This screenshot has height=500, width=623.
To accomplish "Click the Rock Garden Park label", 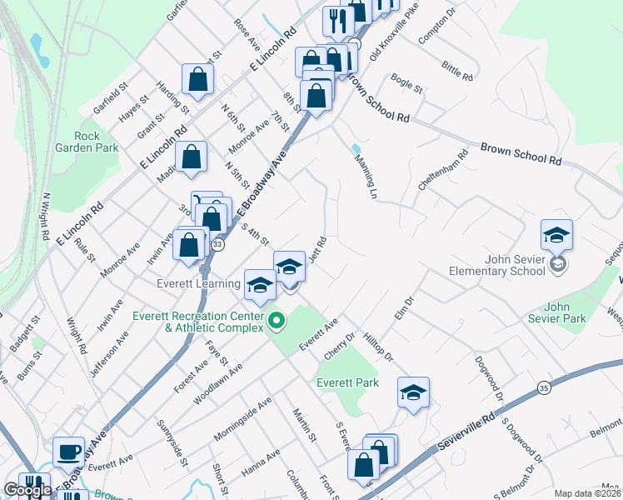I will pos(87,142).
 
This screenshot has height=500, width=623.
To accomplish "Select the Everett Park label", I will pos(347,382).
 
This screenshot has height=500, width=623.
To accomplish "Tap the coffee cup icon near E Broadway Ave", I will pos(68,452).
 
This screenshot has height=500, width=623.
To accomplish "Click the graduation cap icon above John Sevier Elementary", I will pos(556,235).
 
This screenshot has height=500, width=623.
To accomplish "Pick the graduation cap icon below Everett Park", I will pos(413,394).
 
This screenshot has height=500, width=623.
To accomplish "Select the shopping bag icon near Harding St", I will pos(198,80).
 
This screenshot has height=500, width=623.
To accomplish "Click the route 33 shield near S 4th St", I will pos(217,245).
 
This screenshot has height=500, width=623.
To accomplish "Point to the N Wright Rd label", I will pos(47,216).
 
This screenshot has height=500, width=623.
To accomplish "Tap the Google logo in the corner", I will pos(27,490).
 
